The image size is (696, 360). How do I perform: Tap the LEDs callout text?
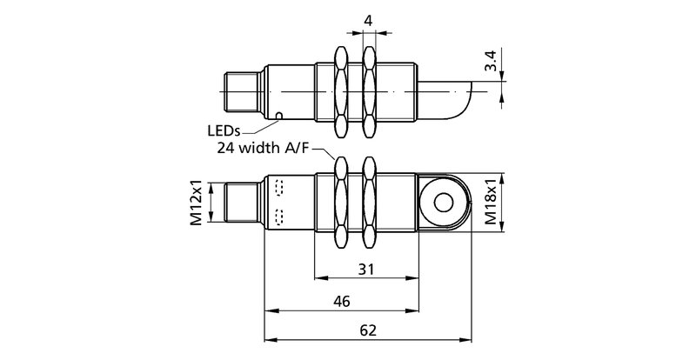[x=225, y=130]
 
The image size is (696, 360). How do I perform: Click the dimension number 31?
[x=366, y=270]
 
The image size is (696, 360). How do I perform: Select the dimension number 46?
[x=341, y=302]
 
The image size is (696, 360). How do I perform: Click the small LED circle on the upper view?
[x=279, y=115]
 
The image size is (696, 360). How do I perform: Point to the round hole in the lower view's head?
[x=443, y=203]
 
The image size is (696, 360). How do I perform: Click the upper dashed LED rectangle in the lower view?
[x=279, y=187]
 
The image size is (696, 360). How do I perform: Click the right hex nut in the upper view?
[x=371, y=90]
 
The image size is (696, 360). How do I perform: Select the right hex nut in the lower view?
[x=371, y=203]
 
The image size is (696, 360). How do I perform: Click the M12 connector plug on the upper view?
[x=241, y=90]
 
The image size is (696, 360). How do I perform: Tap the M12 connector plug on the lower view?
[x=241, y=203]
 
